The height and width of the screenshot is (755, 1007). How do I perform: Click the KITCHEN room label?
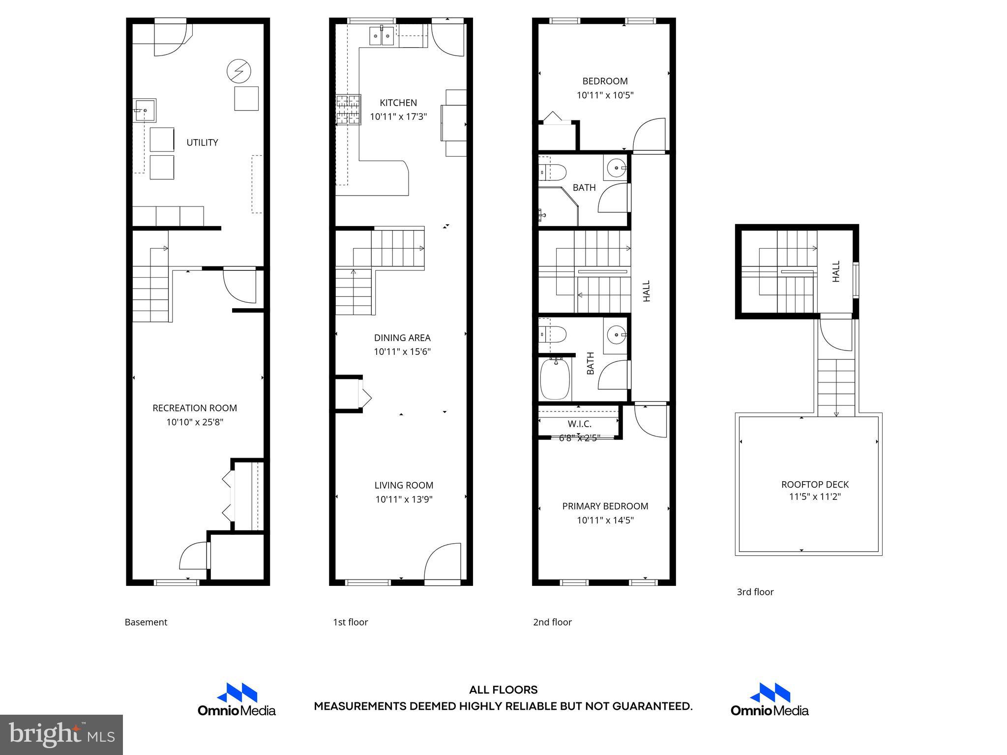[398, 103]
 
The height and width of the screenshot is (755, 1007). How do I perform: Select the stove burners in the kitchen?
[348, 110]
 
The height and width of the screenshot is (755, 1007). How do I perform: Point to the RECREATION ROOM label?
[195, 408]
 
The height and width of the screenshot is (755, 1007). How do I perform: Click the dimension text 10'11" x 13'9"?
[404, 499]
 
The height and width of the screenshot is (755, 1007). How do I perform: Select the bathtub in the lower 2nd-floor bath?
[555, 379]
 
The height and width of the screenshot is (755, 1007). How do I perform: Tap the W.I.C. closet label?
[579, 424]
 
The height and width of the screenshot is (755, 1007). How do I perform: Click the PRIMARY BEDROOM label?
[605, 506]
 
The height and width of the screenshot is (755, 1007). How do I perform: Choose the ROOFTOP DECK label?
[815, 484]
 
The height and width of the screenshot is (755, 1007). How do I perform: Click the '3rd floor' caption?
[755, 592]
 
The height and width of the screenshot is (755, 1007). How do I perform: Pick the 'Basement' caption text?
[146, 622]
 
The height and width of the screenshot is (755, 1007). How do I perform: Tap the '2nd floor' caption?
[552, 622]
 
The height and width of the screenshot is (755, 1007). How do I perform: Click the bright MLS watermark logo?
[61, 734]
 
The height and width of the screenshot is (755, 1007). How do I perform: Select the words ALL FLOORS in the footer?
[503, 690]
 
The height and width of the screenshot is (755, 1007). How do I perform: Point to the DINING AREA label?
[402, 338]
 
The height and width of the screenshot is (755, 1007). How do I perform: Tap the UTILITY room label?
[202, 143]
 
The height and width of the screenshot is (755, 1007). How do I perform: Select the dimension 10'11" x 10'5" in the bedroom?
[605, 95]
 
